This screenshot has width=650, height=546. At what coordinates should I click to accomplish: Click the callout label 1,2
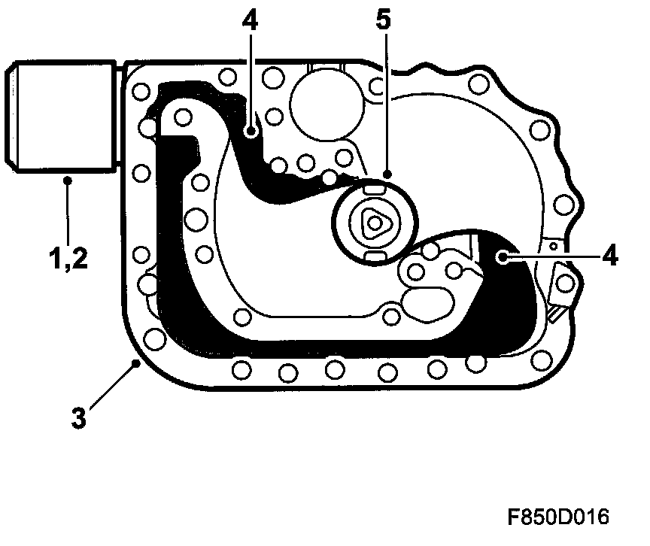(67, 260)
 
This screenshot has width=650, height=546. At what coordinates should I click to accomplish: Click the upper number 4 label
(250, 21)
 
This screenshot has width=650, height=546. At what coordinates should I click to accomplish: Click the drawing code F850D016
(557, 517)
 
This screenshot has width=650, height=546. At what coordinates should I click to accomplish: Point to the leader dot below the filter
(67, 179)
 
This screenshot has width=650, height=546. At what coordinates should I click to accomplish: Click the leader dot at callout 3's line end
(135, 364)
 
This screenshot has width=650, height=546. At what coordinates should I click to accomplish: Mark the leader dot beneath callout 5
(386, 174)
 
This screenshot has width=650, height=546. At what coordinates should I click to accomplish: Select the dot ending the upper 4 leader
(251, 132)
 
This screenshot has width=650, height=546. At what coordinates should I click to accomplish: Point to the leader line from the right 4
(550, 257)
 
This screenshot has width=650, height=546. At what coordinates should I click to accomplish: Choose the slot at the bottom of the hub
(373, 258)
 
